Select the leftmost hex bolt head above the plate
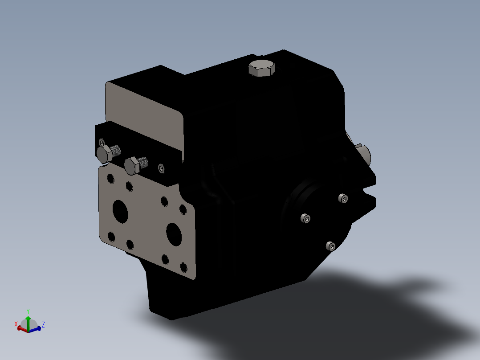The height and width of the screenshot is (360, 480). coord(104,154)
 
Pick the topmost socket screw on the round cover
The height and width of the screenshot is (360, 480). coord(342,198)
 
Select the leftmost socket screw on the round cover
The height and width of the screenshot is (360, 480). coord(305,218)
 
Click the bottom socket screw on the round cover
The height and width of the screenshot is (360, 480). coord(330,246)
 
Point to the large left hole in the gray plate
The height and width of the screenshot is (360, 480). coord(120,212)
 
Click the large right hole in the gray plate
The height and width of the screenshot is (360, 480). coord(174,233)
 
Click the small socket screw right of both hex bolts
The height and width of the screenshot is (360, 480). coord(161,168)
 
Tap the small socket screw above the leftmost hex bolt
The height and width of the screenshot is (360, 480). coord(102,142)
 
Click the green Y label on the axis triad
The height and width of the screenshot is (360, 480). coord(28,311)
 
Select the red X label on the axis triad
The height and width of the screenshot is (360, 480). coord(16,323)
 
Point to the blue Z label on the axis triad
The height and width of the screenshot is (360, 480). coord(43,324)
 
